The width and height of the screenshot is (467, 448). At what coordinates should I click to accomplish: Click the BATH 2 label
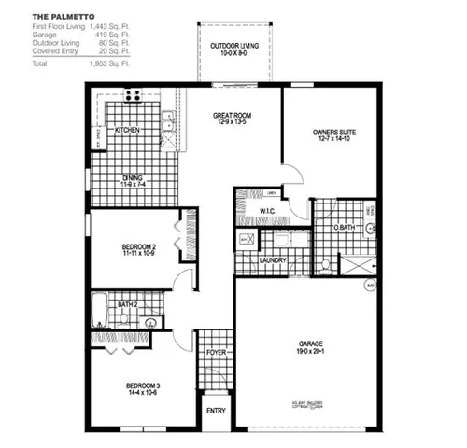click(x=128, y=304)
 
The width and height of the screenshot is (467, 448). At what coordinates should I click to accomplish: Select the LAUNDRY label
click(x=273, y=260)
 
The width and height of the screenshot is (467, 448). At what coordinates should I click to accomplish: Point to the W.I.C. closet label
click(x=265, y=213)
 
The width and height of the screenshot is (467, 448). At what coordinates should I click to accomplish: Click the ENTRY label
click(x=216, y=410)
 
